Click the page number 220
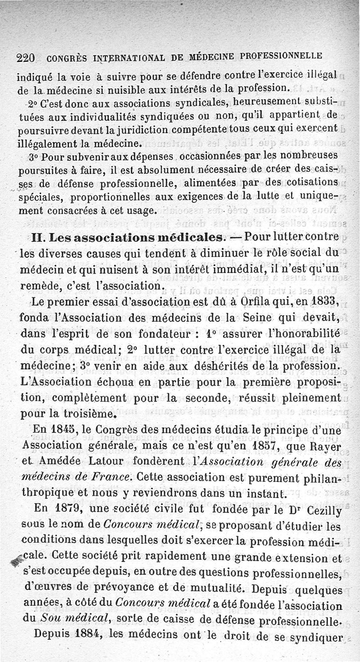point(26,58)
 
